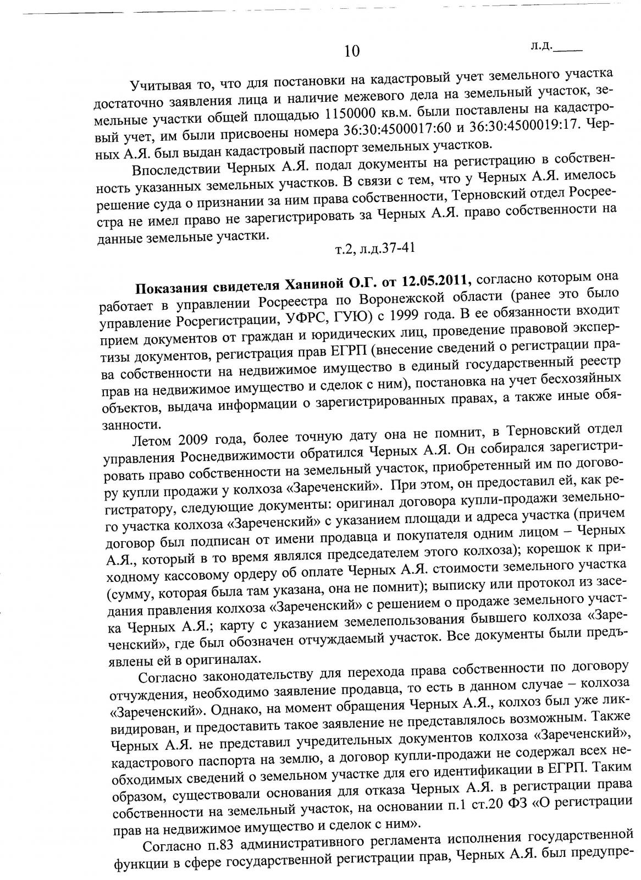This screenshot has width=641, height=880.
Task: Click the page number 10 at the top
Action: (352, 52)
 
